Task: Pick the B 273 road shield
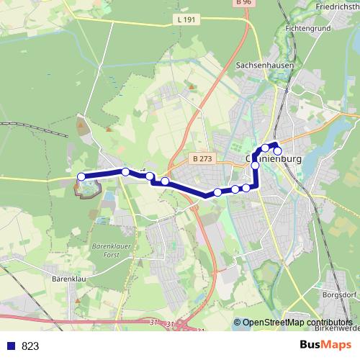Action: [204, 157]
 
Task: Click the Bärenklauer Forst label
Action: [110, 252]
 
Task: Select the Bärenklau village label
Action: [69, 276]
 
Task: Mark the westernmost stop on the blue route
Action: [81, 176]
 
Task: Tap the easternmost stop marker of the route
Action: [278, 150]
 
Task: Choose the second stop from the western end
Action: [125, 171]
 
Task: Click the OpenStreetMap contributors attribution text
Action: [297, 323]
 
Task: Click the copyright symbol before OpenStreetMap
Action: [237, 323]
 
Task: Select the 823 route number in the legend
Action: [30, 346]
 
